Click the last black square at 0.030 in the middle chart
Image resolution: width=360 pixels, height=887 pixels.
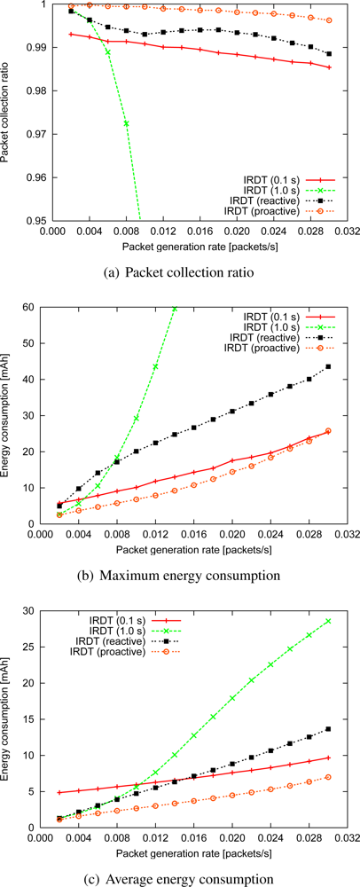[329, 367]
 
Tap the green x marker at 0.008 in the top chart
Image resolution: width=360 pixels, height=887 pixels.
[127, 123]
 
